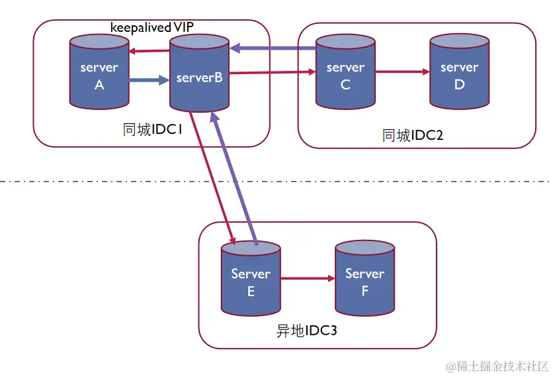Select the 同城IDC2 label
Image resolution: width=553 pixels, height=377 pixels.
413,136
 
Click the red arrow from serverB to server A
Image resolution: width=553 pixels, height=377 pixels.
149,52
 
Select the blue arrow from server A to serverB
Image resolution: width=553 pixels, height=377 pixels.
149,81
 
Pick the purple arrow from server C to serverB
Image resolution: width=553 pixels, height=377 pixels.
273,48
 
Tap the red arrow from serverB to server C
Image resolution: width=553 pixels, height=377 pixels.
272,74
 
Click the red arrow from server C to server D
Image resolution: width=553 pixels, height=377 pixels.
402,72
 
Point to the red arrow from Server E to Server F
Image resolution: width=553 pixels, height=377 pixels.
308,278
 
